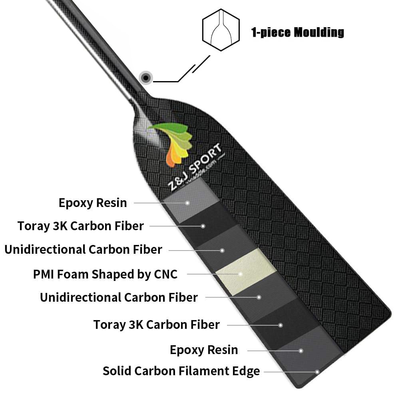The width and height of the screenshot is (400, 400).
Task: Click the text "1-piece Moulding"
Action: tap(297, 32)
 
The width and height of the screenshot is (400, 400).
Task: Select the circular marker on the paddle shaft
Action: tap(146, 78)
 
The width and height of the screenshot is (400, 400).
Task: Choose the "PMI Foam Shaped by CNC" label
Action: tap(105, 274)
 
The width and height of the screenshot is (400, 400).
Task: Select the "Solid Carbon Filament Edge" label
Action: tap(181, 371)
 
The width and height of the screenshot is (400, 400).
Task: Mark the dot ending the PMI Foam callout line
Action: tap(241, 274)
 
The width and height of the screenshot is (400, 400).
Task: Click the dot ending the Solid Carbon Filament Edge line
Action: tap(317, 372)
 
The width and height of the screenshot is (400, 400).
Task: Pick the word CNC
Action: tap(165, 274)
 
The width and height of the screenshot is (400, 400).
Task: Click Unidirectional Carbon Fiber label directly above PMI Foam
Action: tap(83, 250)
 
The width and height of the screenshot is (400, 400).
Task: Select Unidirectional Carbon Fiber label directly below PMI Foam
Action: tap(119, 298)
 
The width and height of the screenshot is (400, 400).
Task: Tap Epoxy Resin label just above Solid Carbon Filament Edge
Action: tap(204, 350)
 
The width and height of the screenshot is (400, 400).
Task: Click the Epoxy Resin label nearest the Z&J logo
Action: tap(93, 203)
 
